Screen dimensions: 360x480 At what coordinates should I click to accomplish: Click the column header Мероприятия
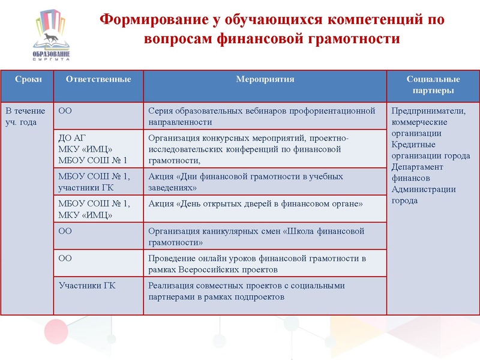click(x=265, y=79)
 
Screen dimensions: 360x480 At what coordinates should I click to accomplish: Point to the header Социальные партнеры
click(x=433, y=85)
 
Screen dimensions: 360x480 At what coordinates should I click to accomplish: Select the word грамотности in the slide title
click(x=353, y=39)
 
